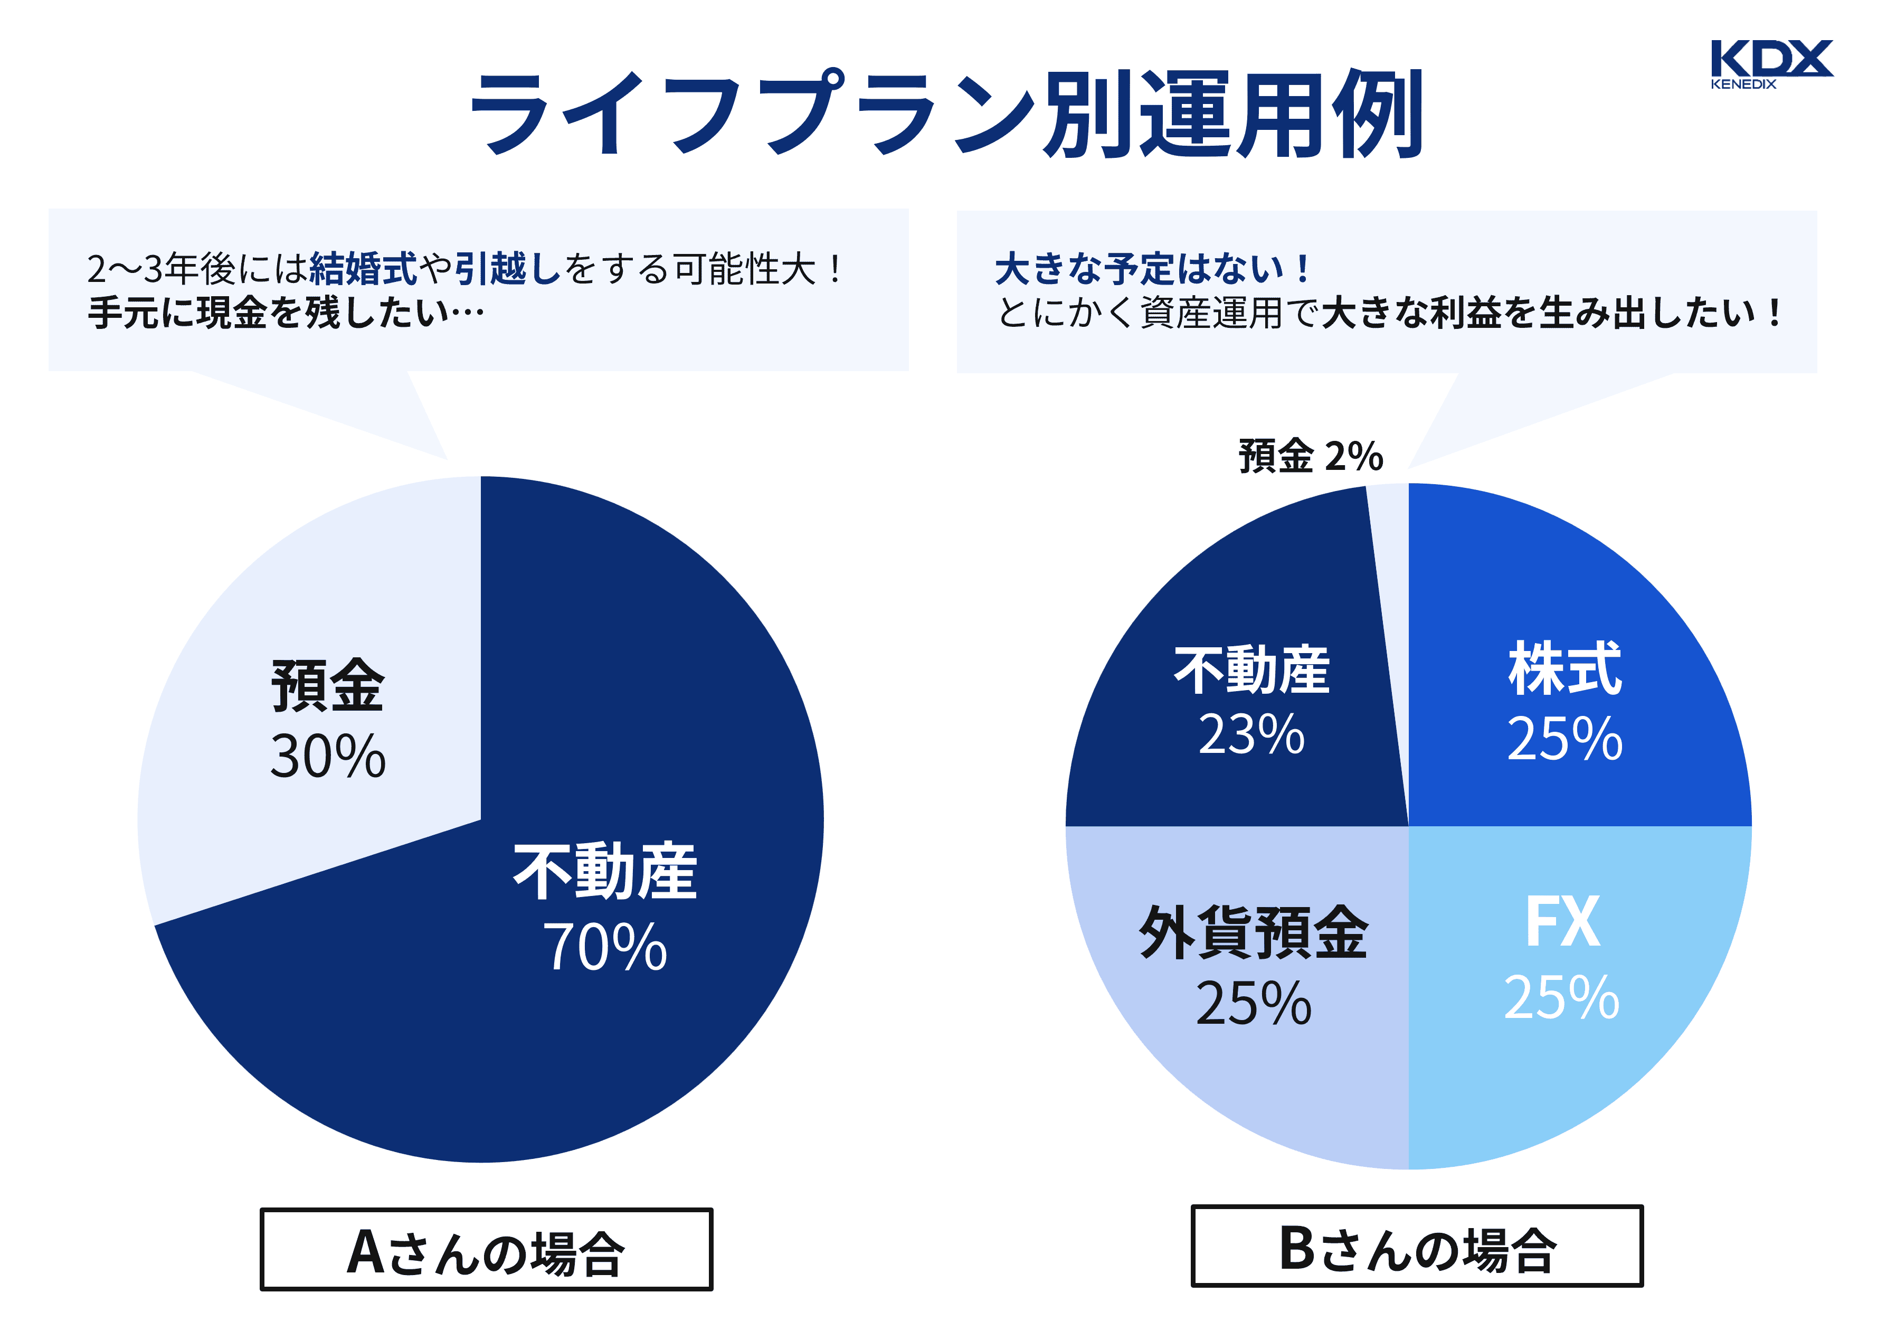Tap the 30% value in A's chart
coord(328,756)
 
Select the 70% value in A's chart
coord(605,947)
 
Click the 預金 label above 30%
coord(328,685)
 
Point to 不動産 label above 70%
coord(605,871)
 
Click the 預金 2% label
coord(1311,456)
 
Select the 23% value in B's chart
coord(1251,734)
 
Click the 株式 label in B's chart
coord(1564,669)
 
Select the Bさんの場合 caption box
coord(1416,1246)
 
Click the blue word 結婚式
coord(363,269)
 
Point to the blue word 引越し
coord(507,269)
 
